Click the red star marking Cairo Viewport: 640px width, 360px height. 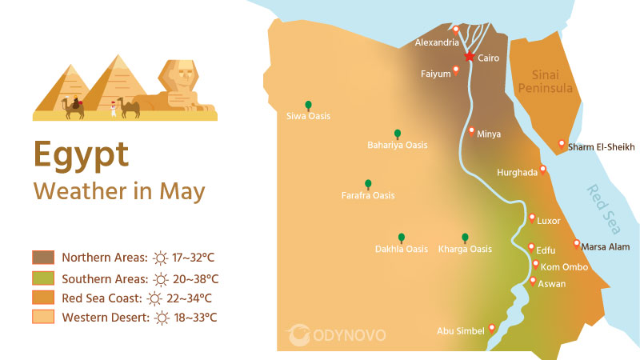click(470, 57)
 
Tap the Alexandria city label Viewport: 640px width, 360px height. click(437, 42)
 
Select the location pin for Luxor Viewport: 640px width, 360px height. click(532, 218)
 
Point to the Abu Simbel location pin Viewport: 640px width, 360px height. click(492, 327)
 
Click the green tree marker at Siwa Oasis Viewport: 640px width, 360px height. click(307, 105)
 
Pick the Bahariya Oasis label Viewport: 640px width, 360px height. click(397, 146)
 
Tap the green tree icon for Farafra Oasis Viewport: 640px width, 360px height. click(368, 184)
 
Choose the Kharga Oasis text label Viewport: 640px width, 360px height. click(465, 249)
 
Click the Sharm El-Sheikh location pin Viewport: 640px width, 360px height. click(561, 144)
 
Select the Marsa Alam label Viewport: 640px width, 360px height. click(606, 247)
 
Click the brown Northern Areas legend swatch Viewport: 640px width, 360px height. click(43, 258)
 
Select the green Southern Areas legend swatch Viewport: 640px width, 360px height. click(43, 278)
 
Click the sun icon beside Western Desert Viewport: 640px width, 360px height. click(162, 318)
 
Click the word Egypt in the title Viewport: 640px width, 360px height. click(81, 154)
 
